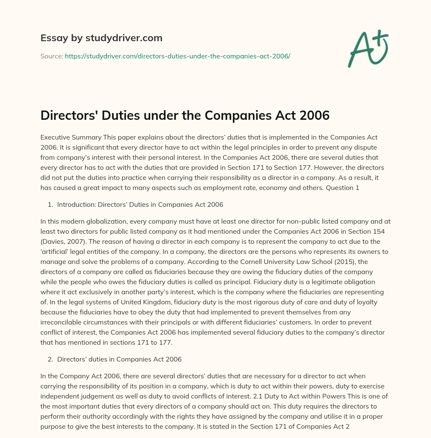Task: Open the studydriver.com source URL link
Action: coord(177,56)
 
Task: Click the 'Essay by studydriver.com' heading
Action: coord(101,38)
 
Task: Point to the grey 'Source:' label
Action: coord(51,56)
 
